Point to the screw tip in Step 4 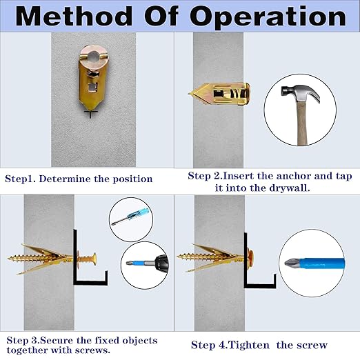[181, 257]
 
